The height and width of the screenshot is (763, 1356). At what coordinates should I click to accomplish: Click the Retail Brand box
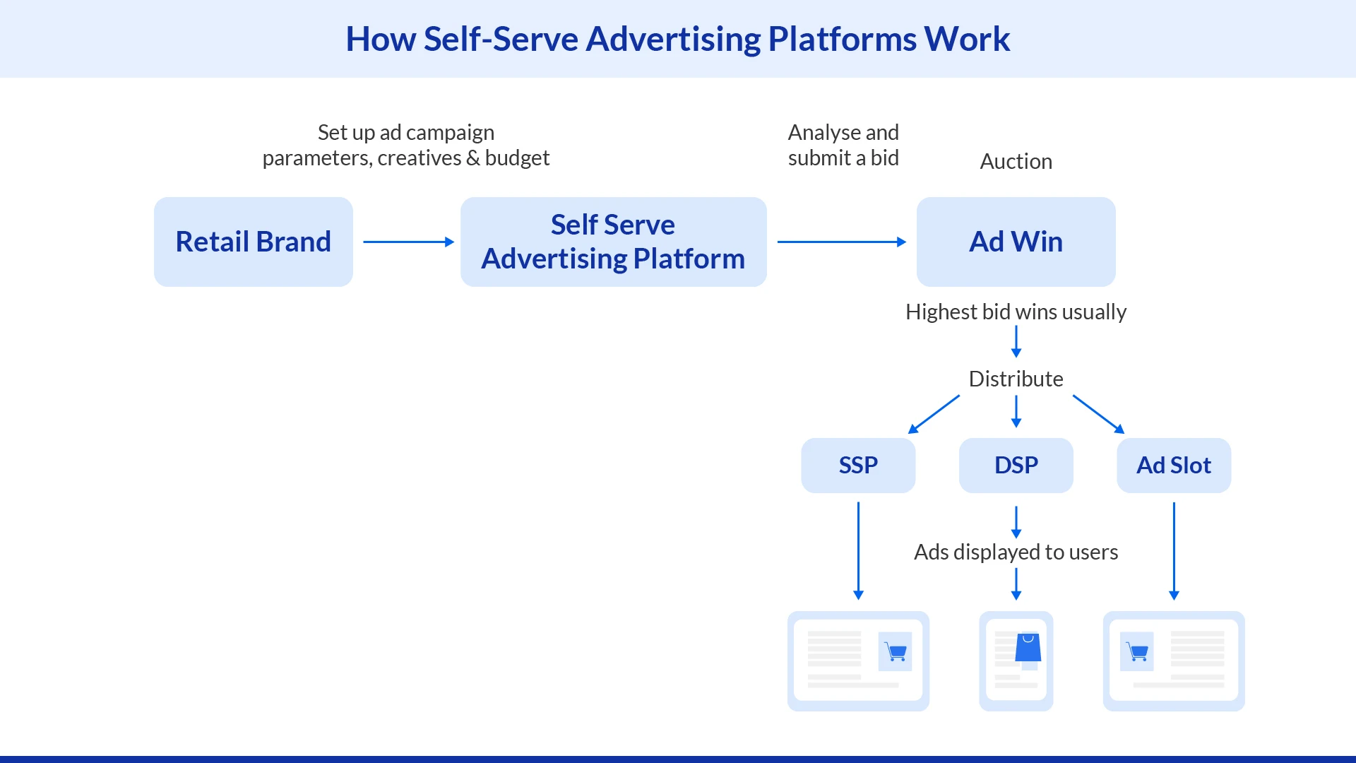coord(253,242)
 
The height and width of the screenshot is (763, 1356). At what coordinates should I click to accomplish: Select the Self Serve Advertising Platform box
coord(613,242)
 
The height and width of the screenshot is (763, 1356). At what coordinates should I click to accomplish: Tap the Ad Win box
coord(1016,242)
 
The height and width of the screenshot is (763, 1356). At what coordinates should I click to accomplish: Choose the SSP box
coord(858,465)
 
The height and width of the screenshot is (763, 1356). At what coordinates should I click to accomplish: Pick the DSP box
coord(1016,465)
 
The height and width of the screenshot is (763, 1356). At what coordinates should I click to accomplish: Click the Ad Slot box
coord(1173,465)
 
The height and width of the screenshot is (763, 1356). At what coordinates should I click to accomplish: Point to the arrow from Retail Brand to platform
coord(408,242)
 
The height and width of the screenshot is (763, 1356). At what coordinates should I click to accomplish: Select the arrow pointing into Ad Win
coord(841,242)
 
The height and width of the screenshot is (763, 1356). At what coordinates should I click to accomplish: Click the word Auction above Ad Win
coord(1016,162)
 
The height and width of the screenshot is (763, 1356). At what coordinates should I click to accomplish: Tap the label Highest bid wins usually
coord(1016,312)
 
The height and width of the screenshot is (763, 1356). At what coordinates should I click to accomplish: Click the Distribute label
coord(1016,379)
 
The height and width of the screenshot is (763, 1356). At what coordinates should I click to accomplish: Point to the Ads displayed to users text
coord(1016,552)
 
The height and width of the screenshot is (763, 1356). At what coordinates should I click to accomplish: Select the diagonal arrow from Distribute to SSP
coord(934,414)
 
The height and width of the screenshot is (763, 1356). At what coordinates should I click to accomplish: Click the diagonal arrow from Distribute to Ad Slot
coord(1098,414)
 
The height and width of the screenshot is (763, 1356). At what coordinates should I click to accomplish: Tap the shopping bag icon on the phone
coord(1028,647)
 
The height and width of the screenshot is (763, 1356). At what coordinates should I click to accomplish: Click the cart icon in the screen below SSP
coord(895,651)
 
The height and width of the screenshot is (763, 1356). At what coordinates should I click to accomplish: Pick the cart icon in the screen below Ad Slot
coord(1136,651)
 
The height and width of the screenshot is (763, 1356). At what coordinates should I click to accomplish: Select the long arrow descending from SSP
coord(858,551)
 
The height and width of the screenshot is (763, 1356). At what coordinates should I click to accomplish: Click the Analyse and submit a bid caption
coord(843,145)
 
